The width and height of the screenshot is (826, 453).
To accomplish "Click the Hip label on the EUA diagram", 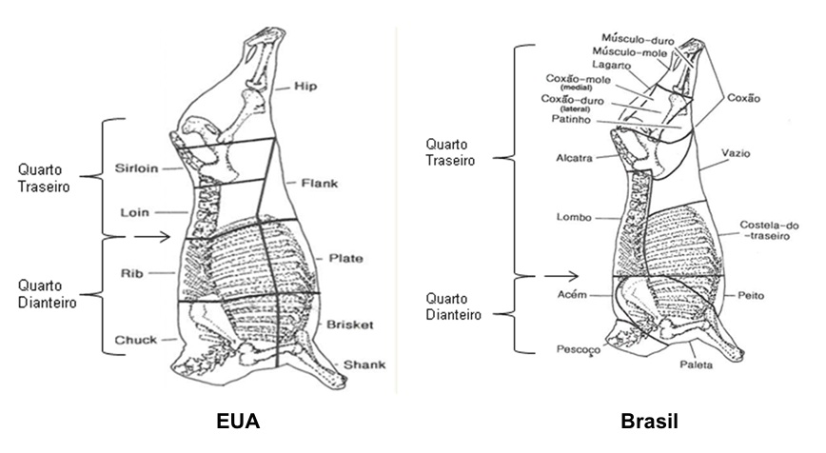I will coord(305,87).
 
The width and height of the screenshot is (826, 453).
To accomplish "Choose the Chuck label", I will coord(135,339).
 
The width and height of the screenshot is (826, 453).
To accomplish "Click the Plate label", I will coord(344,258).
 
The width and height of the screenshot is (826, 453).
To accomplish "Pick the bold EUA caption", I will coord(237,422).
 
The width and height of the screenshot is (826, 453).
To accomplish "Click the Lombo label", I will coord(575,217).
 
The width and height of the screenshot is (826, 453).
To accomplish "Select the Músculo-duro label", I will coord(632,38).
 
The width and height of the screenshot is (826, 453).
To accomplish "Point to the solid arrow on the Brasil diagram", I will coord(562,276).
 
